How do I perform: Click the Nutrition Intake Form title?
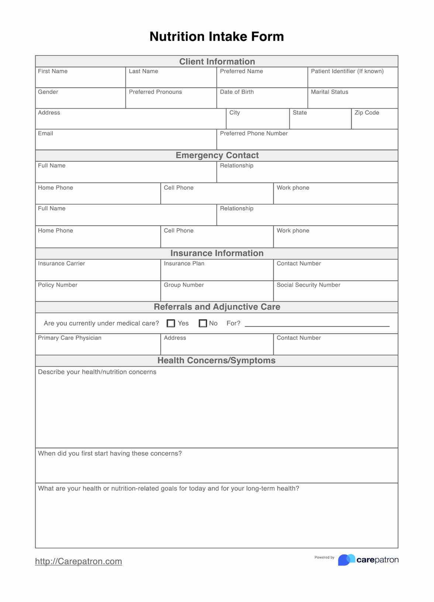217,37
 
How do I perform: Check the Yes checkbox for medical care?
171,324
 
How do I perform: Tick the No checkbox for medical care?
203,324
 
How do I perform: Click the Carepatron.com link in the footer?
78,561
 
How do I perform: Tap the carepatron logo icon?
346,560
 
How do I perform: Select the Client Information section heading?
217,62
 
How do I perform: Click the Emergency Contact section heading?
217,155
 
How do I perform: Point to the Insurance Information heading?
217,253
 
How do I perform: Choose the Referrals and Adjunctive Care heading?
217,307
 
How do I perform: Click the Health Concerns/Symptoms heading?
217,360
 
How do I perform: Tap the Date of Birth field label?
237,92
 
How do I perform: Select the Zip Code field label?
367,113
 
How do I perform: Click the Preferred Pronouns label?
155,92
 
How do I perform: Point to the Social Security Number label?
309,285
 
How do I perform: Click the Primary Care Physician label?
70,338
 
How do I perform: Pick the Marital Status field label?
330,92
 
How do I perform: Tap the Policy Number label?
58,285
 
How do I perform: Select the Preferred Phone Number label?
254,133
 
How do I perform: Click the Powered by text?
324,558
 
